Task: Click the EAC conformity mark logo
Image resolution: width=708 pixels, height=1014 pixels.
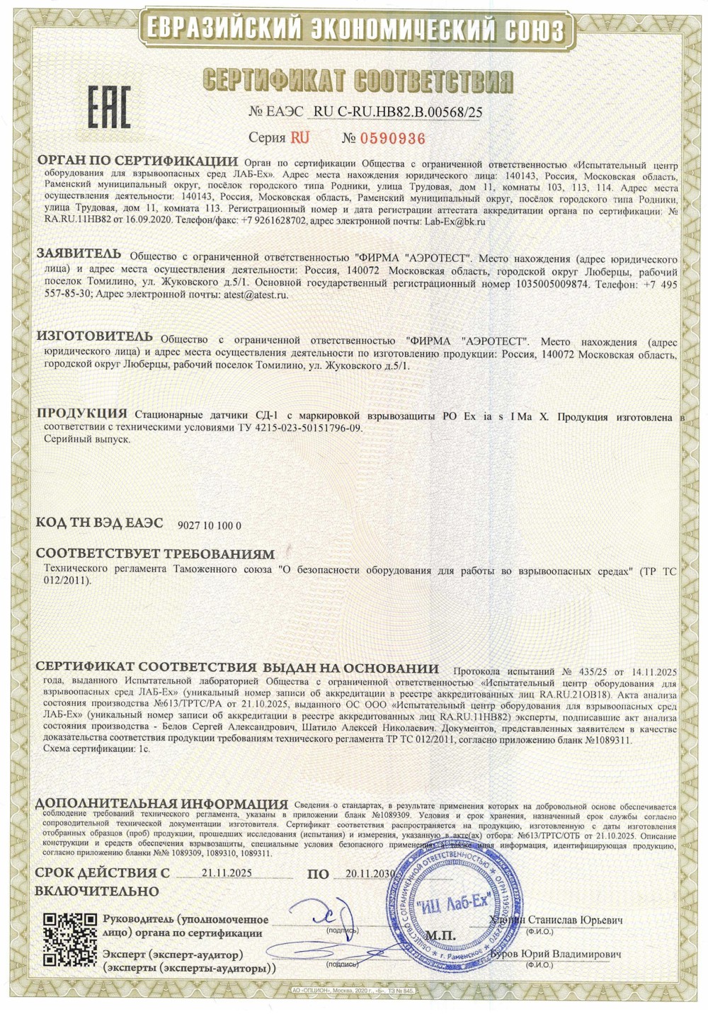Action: coord(109,108)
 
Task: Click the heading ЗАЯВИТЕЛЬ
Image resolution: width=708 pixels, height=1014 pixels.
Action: coord(79,254)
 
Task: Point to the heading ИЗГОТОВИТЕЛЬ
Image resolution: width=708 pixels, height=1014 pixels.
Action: coord(94,336)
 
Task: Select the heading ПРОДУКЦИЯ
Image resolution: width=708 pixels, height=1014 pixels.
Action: coord(82,414)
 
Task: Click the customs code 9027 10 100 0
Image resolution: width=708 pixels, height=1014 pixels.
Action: coord(210,525)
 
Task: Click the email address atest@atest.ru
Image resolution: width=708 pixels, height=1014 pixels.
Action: coord(256,295)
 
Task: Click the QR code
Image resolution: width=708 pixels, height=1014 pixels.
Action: coord(70,940)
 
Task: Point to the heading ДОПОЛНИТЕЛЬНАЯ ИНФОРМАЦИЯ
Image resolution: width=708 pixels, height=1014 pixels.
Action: coord(162,804)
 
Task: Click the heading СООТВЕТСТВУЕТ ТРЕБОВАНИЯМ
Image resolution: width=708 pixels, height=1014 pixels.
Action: coord(154,553)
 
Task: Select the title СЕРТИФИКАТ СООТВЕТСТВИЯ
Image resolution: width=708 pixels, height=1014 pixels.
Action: coord(356,81)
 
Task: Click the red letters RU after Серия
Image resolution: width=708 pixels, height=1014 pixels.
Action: coord(299,138)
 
